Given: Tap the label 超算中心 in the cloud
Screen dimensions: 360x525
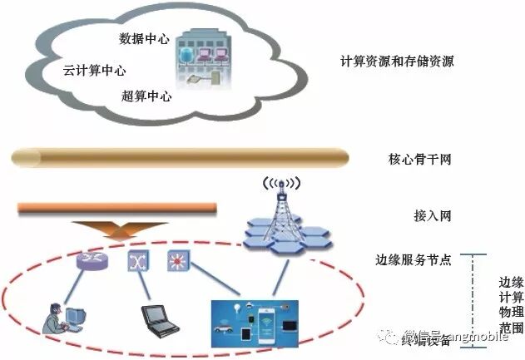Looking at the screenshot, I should [x=146, y=96].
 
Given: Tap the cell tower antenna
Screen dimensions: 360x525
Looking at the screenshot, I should [x=280, y=204].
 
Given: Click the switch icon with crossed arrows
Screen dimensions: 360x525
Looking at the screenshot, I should [x=136, y=261].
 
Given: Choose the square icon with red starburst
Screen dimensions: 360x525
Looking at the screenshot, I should [x=178, y=260].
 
